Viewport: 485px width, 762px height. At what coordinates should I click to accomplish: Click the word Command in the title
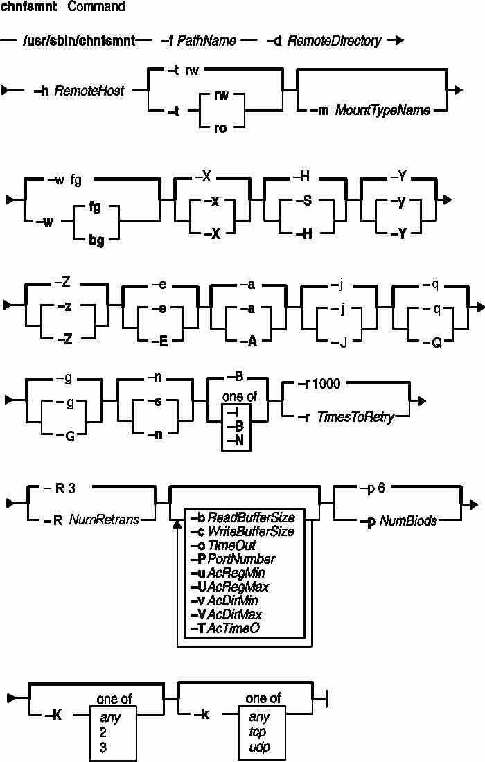coord(96,7)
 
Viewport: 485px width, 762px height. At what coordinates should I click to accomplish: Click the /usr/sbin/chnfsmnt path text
coord(79,40)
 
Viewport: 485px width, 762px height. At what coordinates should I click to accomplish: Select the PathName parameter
coord(206,40)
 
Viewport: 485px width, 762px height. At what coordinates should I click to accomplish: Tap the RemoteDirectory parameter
coord(335,41)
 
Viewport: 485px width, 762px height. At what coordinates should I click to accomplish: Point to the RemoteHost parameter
coord(89,90)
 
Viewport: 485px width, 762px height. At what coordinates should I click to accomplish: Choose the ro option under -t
coord(220,128)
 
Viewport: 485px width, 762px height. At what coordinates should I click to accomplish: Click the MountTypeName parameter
coord(383,110)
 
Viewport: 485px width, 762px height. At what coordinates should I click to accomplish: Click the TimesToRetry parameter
coord(355,417)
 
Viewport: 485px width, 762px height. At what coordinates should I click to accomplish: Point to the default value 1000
coord(326,384)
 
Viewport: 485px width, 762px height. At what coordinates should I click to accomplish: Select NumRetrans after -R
coord(104,520)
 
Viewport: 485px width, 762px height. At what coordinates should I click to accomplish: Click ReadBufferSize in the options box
coord(252,517)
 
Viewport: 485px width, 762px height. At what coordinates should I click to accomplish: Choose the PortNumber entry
coord(241,559)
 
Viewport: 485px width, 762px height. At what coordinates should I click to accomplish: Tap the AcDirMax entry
coord(235,614)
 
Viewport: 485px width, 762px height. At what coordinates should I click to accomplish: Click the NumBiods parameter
coord(407,521)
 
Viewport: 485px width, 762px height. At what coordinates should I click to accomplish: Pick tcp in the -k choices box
coord(258,732)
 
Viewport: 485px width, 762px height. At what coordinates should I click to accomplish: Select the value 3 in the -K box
coord(103,747)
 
